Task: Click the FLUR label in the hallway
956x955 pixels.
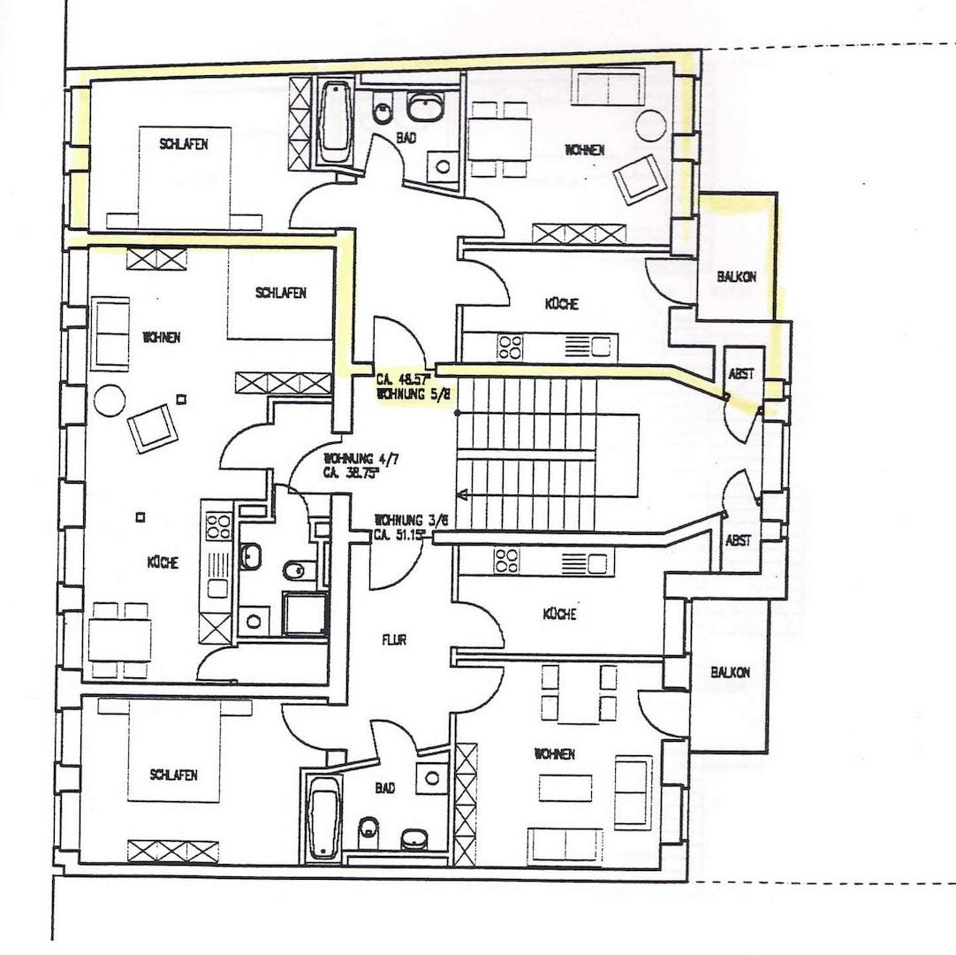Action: [x=394, y=640]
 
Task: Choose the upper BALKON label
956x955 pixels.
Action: [x=736, y=277]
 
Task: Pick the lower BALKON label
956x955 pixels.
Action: [x=730, y=673]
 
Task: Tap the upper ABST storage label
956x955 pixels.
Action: [x=741, y=374]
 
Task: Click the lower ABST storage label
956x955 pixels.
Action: [x=739, y=540]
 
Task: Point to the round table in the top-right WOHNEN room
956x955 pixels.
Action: [x=650, y=126]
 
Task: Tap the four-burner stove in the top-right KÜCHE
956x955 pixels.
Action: [x=511, y=346]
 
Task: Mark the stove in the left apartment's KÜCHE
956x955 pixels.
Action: [x=218, y=527]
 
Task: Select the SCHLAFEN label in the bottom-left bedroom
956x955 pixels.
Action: [x=173, y=775]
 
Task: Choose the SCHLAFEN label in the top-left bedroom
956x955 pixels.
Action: [x=184, y=143]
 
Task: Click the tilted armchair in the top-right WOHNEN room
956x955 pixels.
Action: [x=639, y=178]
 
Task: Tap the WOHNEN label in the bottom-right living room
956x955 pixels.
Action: [x=553, y=754]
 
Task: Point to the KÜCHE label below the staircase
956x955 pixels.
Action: [x=559, y=615]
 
